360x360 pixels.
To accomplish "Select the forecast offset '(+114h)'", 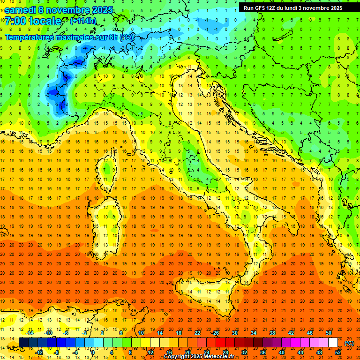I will pyautogui.click(x=83, y=21).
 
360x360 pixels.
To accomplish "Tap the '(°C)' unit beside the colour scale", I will pyautogui.click(x=349, y=343).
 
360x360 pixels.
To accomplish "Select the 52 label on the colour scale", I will pyautogui.click(x=337, y=352).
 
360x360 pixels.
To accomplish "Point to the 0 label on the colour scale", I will pyautogui.click(x=93, y=352).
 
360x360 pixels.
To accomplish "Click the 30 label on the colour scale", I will pyautogui.click(x=235, y=332).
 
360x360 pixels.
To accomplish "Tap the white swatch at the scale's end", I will pyautogui.click(x=333, y=342).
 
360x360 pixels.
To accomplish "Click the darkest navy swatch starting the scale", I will pyautogui.click(x=23, y=342).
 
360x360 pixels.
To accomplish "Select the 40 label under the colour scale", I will pyautogui.click(x=281, y=352).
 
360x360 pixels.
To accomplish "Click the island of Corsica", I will pyautogui.click(x=108, y=171).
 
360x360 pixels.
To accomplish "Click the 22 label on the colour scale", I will pyautogui.click(x=197, y=332).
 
